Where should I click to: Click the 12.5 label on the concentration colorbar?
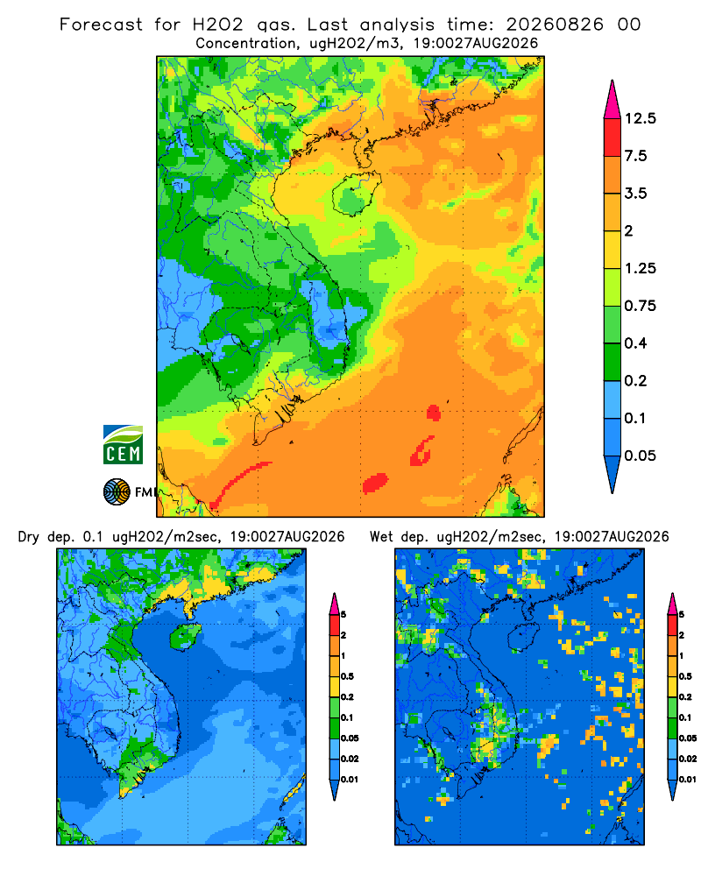(x=640, y=118)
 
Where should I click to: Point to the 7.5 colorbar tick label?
(x=635, y=156)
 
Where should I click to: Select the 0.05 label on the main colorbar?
(x=640, y=456)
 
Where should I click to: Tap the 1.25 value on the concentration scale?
(x=640, y=268)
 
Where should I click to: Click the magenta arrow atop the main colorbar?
(x=612, y=101)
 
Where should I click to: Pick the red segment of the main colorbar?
(x=612, y=138)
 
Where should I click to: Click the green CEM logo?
(x=123, y=445)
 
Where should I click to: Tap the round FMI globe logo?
(x=117, y=492)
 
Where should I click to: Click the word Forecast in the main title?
(x=101, y=25)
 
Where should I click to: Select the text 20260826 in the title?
(x=555, y=25)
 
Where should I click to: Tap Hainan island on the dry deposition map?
(x=185, y=637)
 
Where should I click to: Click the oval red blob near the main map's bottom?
(x=375, y=484)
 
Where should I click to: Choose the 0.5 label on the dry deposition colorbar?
(x=347, y=676)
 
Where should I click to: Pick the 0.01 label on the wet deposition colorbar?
(x=688, y=780)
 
